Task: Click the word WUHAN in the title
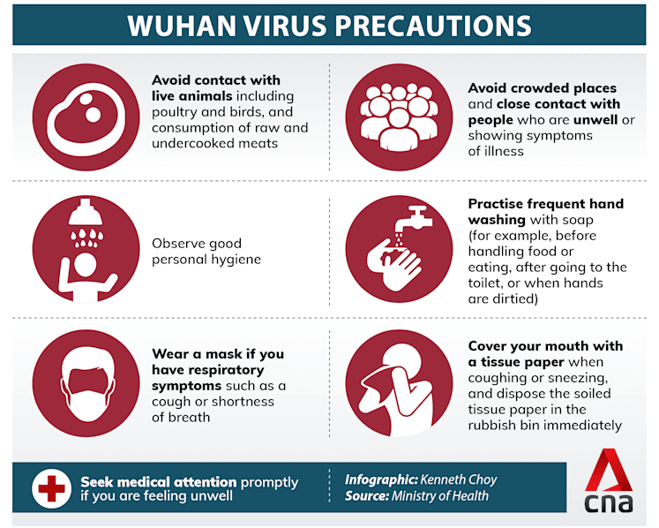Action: click(183, 26)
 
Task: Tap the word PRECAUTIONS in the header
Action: click(433, 26)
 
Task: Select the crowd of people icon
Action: click(399, 117)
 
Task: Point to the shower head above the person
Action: click(86, 212)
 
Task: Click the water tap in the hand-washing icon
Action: click(414, 217)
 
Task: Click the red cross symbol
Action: click(51, 488)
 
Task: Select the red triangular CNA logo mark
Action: click(608, 470)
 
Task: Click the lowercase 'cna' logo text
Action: click(608, 503)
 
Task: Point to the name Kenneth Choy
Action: click(459, 479)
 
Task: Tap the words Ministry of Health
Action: click(440, 496)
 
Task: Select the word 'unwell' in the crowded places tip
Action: click(595, 120)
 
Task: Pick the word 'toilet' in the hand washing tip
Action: click(483, 283)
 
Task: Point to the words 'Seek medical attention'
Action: click(159, 482)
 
